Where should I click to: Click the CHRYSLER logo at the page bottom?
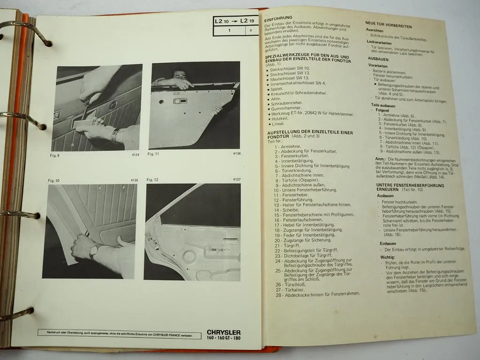pos(224,333)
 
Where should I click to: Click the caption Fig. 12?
pos(153,180)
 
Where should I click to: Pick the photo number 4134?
pos(134,155)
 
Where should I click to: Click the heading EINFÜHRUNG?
pos(278,17)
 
